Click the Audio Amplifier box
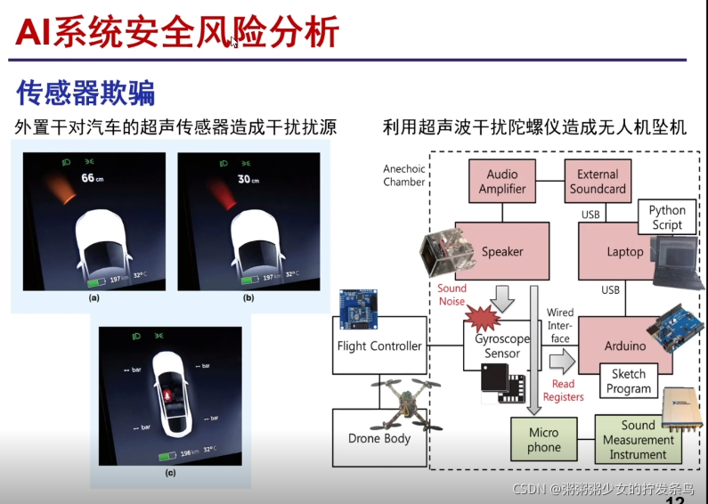tap(502, 181)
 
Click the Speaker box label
tap(502, 252)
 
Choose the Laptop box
tap(624, 252)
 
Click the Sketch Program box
tap(629, 381)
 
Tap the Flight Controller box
tap(379, 345)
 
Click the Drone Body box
tap(379, 438)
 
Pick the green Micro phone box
tap(543, 439)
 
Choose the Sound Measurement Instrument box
tap(638, 440)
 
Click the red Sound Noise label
tap(452, 295)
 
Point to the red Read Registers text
tap(563, 391)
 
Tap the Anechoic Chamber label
tap(403, 175)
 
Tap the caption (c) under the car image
tap(170, 473)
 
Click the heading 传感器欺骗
tap(85, 93)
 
